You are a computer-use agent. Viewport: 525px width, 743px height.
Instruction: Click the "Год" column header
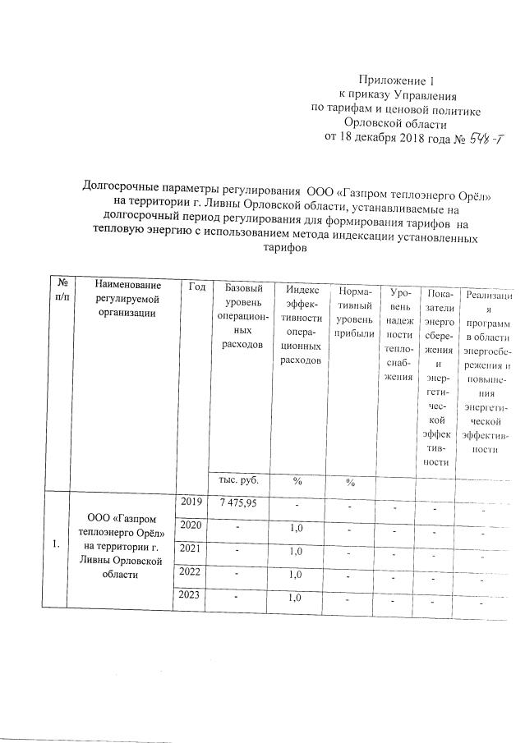click(x=196, y=286)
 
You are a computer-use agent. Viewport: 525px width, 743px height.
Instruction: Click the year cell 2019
click(x=190, y=502)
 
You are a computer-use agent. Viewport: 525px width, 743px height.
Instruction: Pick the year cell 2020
click(x=190, y=525)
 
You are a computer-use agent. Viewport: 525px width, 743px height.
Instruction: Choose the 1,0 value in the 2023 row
click(x=297, y=598)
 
